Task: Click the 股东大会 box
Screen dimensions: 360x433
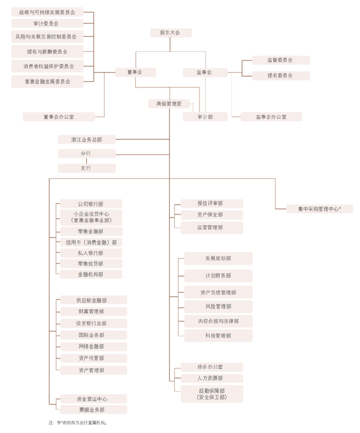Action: tap(171, 33)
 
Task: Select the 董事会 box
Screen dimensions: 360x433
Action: tap(135, 73)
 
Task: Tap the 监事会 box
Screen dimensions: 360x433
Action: tap(204, 73)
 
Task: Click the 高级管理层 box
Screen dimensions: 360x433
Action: tap(169, 104)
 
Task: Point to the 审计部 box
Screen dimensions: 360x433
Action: tap(205, 117)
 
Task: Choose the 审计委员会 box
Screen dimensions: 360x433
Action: tap(47, 24)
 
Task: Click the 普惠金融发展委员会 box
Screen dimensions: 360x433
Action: tap(47, 81)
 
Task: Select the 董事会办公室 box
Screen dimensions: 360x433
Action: tap(58, 117)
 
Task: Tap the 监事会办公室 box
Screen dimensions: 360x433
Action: tap(271, 117)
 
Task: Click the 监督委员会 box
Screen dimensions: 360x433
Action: tap(280, 60)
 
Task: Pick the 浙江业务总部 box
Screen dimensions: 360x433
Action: tap(86, 139)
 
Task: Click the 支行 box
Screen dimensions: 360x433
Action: tap(86, 168)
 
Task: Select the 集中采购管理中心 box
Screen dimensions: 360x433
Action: tap(319, 209)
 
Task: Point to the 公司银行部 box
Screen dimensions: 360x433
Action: tap(91, 204)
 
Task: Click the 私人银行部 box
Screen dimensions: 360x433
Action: tap(91, 253)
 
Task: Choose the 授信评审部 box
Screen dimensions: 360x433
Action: tap(211, 204)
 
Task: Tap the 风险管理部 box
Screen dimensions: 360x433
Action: tap(218, 306)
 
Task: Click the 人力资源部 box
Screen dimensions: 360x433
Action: tap(211, 378)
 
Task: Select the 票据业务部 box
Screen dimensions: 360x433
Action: tap(93, 410)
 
